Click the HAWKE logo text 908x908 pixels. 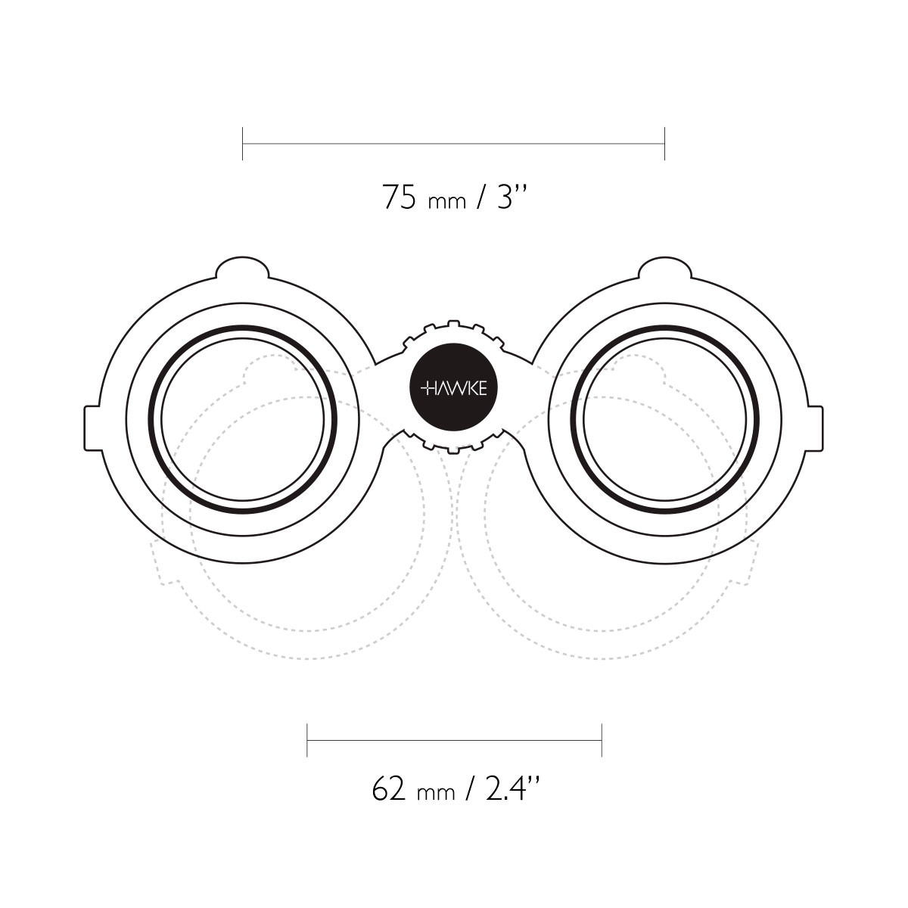pos(453,389)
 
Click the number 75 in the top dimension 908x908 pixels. pos(400,197)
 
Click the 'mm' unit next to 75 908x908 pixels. pos(447,203)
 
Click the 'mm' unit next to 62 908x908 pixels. pos(437,794)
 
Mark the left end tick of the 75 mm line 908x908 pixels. pos(242,143)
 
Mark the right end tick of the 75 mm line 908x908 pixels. pos(664,143)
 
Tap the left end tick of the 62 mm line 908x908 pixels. pos(307,740)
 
